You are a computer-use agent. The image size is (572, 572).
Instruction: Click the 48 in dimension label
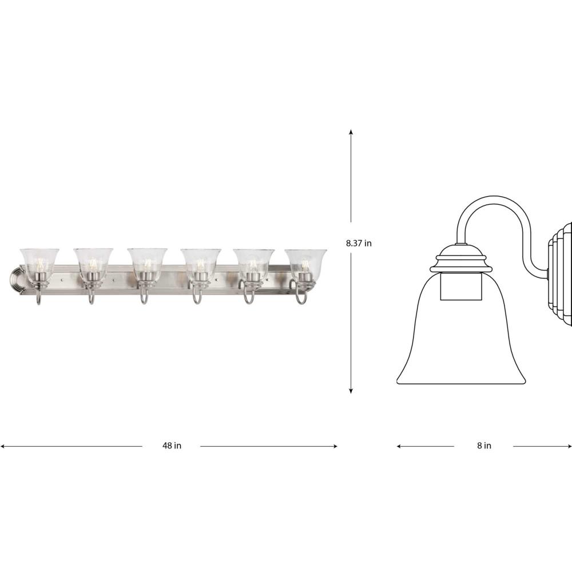(x=172, y=446)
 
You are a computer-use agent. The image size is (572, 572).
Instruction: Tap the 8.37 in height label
(x=359, y=243)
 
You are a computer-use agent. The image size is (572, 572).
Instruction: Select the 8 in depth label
(x=484, y=446)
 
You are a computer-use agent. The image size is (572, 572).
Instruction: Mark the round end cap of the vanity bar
(x=17, y=280)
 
